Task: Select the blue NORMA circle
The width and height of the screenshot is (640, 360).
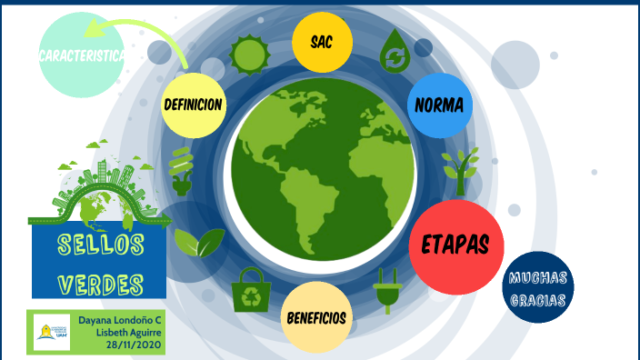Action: pos(439,105)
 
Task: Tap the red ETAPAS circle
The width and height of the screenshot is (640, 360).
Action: pos(455,245)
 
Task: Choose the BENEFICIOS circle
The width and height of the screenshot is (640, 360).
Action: pos(316,317)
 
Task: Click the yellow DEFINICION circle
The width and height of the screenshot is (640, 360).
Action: pos(193,105)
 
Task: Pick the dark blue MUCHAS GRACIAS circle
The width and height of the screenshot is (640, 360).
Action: pos(538,287)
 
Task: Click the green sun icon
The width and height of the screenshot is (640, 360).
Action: pos(246,55)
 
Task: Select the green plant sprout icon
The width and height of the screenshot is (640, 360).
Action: pos(460,170)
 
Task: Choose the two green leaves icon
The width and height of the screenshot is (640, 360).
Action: pos(198,243)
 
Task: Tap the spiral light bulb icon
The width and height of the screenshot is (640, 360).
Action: pos(182,171)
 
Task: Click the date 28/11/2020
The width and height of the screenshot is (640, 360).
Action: pos(135,345)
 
